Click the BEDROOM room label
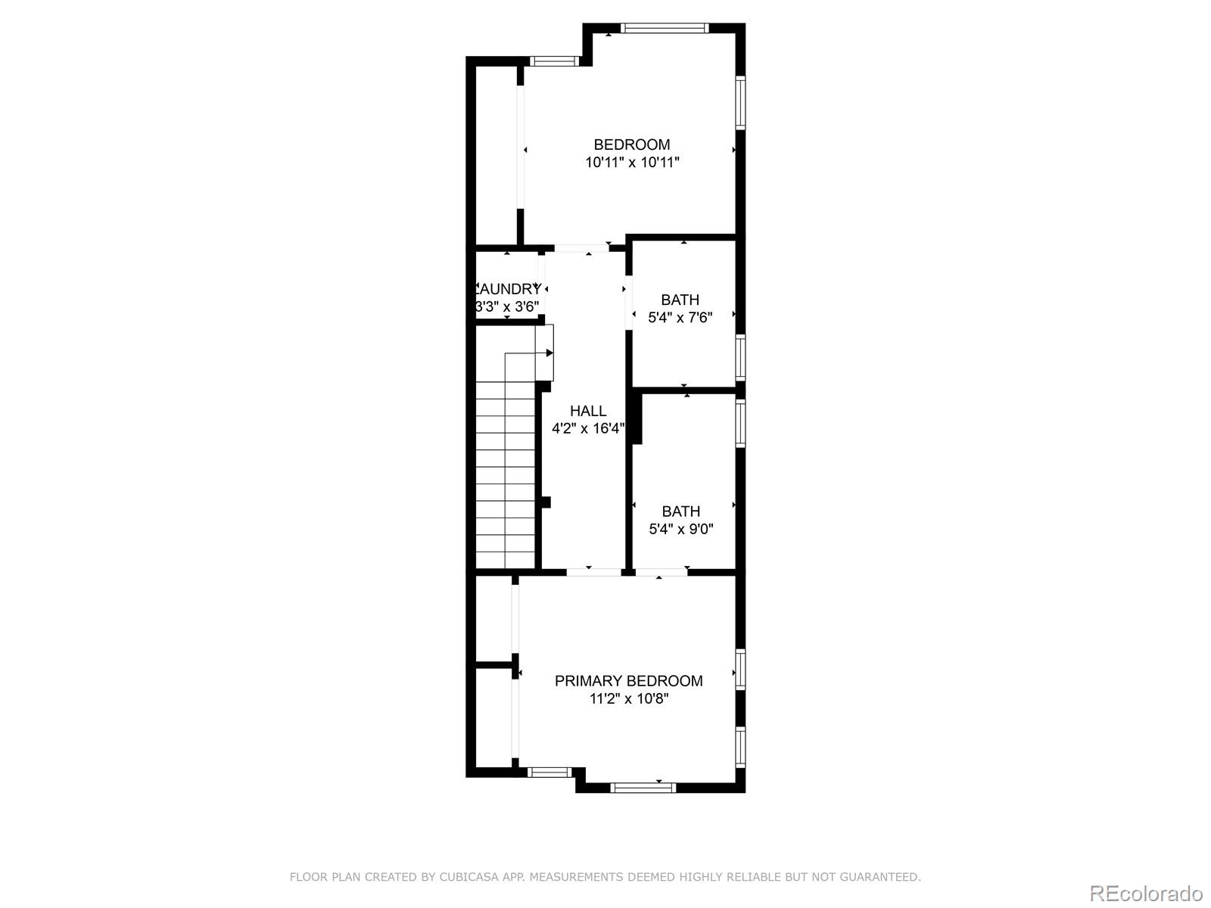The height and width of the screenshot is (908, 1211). pos(631,145)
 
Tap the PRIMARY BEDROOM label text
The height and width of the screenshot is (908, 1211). pos(628,681)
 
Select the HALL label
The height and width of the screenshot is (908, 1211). pos(588,411)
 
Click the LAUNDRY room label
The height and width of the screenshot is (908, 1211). pos(508,289)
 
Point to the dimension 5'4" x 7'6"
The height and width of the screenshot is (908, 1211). pos(680,318)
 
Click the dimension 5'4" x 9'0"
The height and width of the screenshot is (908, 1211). pos(680,529)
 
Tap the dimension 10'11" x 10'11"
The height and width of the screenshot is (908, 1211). pos(632,162)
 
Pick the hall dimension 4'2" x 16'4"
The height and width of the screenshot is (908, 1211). pos(588,429)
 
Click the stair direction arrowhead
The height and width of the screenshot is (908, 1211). pos(549,353)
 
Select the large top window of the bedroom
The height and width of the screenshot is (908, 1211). pos(665,29)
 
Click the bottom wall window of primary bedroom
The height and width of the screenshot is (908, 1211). pos(643,788)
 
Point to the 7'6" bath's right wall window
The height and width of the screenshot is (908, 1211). pos(740,357)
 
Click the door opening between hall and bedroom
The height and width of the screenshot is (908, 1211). pos(581,248)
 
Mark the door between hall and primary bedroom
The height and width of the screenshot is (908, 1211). pos(594,572)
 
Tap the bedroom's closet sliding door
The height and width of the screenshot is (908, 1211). pos(521,148)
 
